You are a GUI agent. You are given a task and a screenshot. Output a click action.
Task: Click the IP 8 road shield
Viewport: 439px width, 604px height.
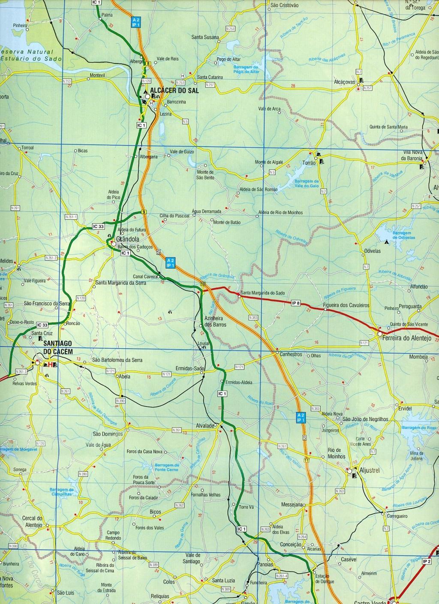(295, 303)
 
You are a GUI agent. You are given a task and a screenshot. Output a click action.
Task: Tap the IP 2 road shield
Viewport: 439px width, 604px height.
(426, 561)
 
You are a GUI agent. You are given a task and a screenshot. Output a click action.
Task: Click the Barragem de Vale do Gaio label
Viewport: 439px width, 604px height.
(307, 184)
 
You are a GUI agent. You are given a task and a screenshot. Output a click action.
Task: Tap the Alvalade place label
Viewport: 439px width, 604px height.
(205, 426)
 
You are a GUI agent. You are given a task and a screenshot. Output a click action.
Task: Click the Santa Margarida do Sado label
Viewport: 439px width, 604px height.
(262, 293)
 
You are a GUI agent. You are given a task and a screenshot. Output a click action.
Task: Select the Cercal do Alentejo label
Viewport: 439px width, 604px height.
(31, 521)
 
